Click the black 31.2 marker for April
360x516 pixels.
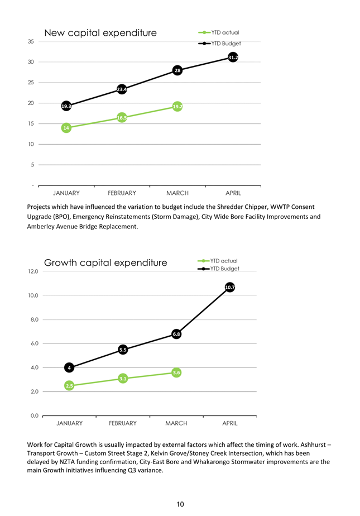point(233,58)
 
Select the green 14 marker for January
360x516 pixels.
point(66,128)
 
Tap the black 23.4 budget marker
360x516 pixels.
point(122,89)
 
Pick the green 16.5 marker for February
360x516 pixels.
point(122,117)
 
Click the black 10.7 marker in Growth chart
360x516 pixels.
point(230,287)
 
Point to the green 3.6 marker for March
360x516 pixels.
point(176,372)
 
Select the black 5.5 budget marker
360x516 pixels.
point(123,350)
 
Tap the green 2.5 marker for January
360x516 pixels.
point(69,386)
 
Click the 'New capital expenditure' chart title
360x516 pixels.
point(100,33)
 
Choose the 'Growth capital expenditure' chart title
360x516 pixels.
point(105,262)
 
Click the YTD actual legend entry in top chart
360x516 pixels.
point(219,32)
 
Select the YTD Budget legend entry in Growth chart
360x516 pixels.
point(218,269)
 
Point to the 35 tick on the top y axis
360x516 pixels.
point(31,41)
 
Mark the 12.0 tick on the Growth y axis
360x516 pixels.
point(33,271)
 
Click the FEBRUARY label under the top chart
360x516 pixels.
point(122,193)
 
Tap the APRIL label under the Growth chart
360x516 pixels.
point(230,423)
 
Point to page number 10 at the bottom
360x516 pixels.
point(180,504)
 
